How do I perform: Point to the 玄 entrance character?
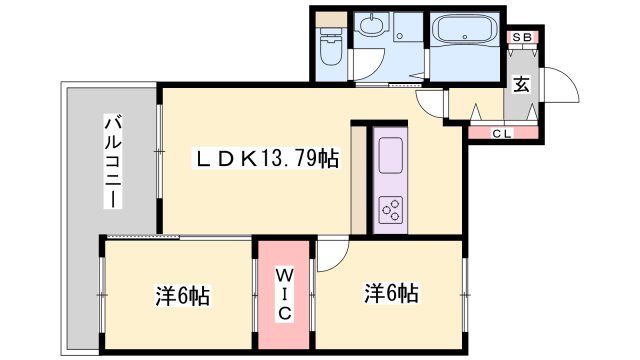522,84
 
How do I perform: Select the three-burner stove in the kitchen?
390,208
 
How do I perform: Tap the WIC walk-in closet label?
284,292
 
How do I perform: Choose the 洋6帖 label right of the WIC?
391,293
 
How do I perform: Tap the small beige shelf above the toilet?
328,18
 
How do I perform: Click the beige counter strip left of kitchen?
359,180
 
